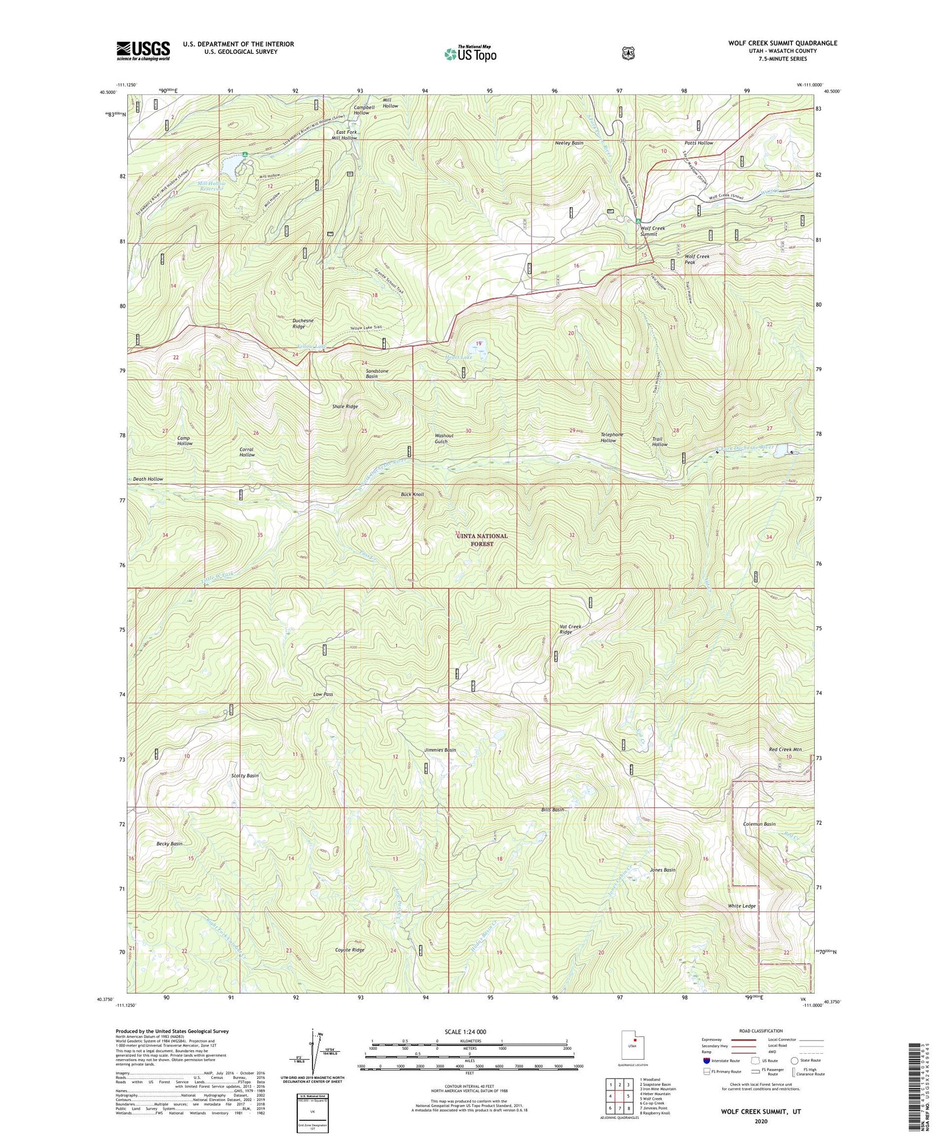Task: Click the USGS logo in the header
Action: [x=143, y=50]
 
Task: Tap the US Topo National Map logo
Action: [x=469, y=54]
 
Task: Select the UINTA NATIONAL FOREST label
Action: [x=482, y=540]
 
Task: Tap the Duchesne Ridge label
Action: [x=307, y=323]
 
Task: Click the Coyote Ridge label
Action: [x=350, y=950]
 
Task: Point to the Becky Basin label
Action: [x=169, y=843]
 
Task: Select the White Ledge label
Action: [x=742, y=906]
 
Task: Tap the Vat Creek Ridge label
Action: [x=570, y=630]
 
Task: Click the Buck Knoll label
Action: [x=413, y=494]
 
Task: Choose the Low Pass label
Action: [x=323, y=694]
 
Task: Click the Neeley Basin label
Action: [x=569, y=142]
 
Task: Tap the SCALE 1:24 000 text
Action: [x=465, y=1032]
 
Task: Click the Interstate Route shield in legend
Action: [x=706, y=1060]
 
